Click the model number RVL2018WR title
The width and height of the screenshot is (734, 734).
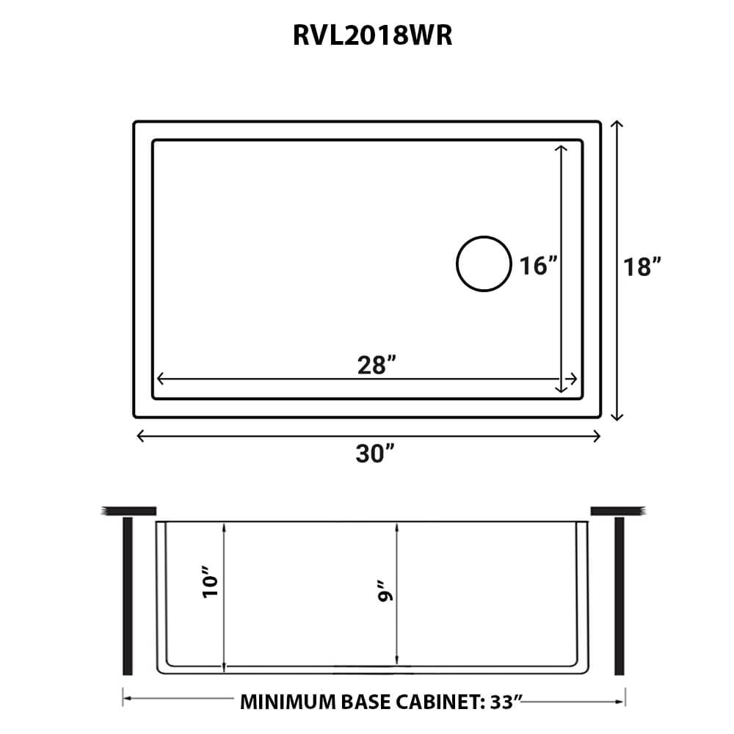point(372,36)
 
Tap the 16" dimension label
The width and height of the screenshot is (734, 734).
point(536,265)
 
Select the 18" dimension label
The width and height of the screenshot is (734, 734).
point(644,267)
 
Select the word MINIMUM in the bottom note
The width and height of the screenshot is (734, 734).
point(287,702)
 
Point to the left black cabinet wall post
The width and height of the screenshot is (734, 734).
point(128,595)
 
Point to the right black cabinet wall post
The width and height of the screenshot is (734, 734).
point(619,595)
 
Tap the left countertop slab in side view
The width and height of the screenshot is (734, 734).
point(129,509)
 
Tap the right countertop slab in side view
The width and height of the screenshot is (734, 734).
point(617,509)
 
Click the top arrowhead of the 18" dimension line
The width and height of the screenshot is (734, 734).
point(617,125)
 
